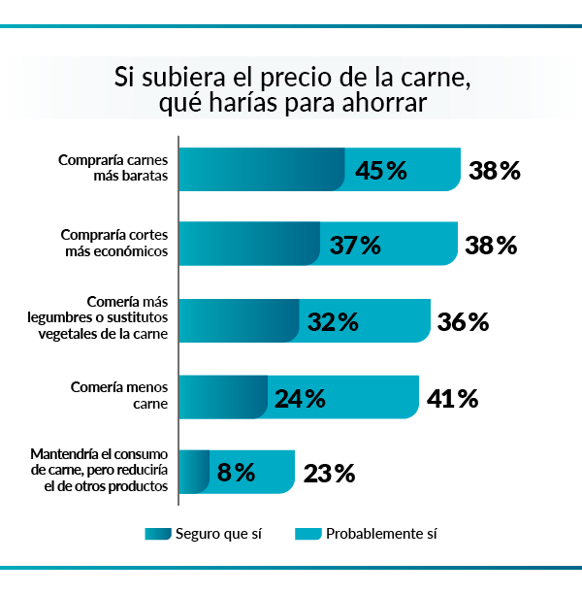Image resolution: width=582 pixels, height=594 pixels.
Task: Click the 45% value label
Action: (381, 171)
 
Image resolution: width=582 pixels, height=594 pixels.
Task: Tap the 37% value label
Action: (355, 246)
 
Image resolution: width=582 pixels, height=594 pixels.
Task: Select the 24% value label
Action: (301, 398)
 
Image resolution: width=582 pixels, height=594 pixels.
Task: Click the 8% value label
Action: (237, 473)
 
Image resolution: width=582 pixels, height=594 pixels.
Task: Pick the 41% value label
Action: (453, 398)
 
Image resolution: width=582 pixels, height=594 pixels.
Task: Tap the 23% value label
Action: (329, 474)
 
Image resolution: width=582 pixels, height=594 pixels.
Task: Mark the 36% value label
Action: (463, 321)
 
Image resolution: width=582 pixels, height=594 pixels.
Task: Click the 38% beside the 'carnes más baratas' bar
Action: (495, 171)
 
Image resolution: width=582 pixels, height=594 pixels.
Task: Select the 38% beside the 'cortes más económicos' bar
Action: (491, 246)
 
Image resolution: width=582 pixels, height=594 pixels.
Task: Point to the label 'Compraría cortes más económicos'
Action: (114, 243)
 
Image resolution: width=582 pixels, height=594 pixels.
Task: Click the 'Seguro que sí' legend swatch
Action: (156, 533)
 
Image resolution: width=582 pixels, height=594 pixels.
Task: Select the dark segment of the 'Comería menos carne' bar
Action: (223, 397)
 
